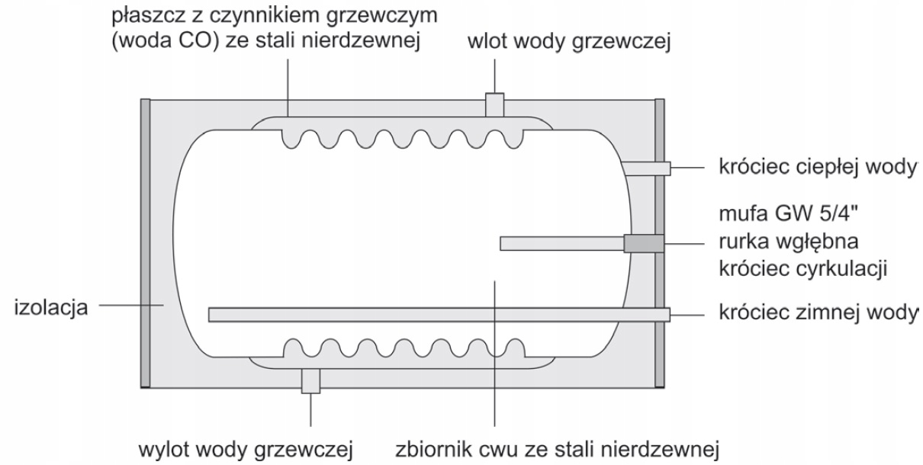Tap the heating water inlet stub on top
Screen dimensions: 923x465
point(494,105)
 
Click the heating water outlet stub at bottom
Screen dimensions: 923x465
point(310,380)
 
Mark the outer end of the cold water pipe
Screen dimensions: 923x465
point(665,315)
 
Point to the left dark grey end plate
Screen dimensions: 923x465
point(145,244)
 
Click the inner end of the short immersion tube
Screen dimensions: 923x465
point(503,244)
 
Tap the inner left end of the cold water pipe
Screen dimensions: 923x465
point(213,315)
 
